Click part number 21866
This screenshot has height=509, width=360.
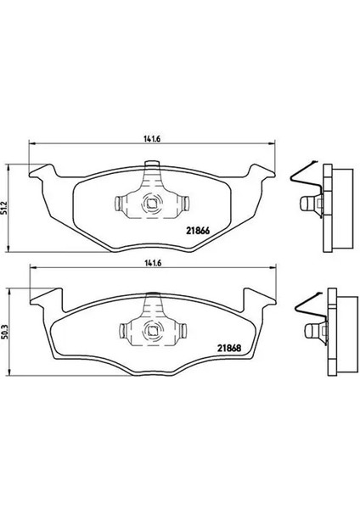(198, 231)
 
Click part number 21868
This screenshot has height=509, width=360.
(229, 349)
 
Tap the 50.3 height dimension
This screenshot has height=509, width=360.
(4, 331)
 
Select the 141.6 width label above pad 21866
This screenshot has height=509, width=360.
(152, 138)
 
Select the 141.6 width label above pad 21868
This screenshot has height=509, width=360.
(152, 263)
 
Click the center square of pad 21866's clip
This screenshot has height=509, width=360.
(151, 204)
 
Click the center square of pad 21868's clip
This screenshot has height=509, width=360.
(152, 331)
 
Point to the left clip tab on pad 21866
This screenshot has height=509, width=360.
(118, 204)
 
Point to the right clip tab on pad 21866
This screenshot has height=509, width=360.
(186, 203)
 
